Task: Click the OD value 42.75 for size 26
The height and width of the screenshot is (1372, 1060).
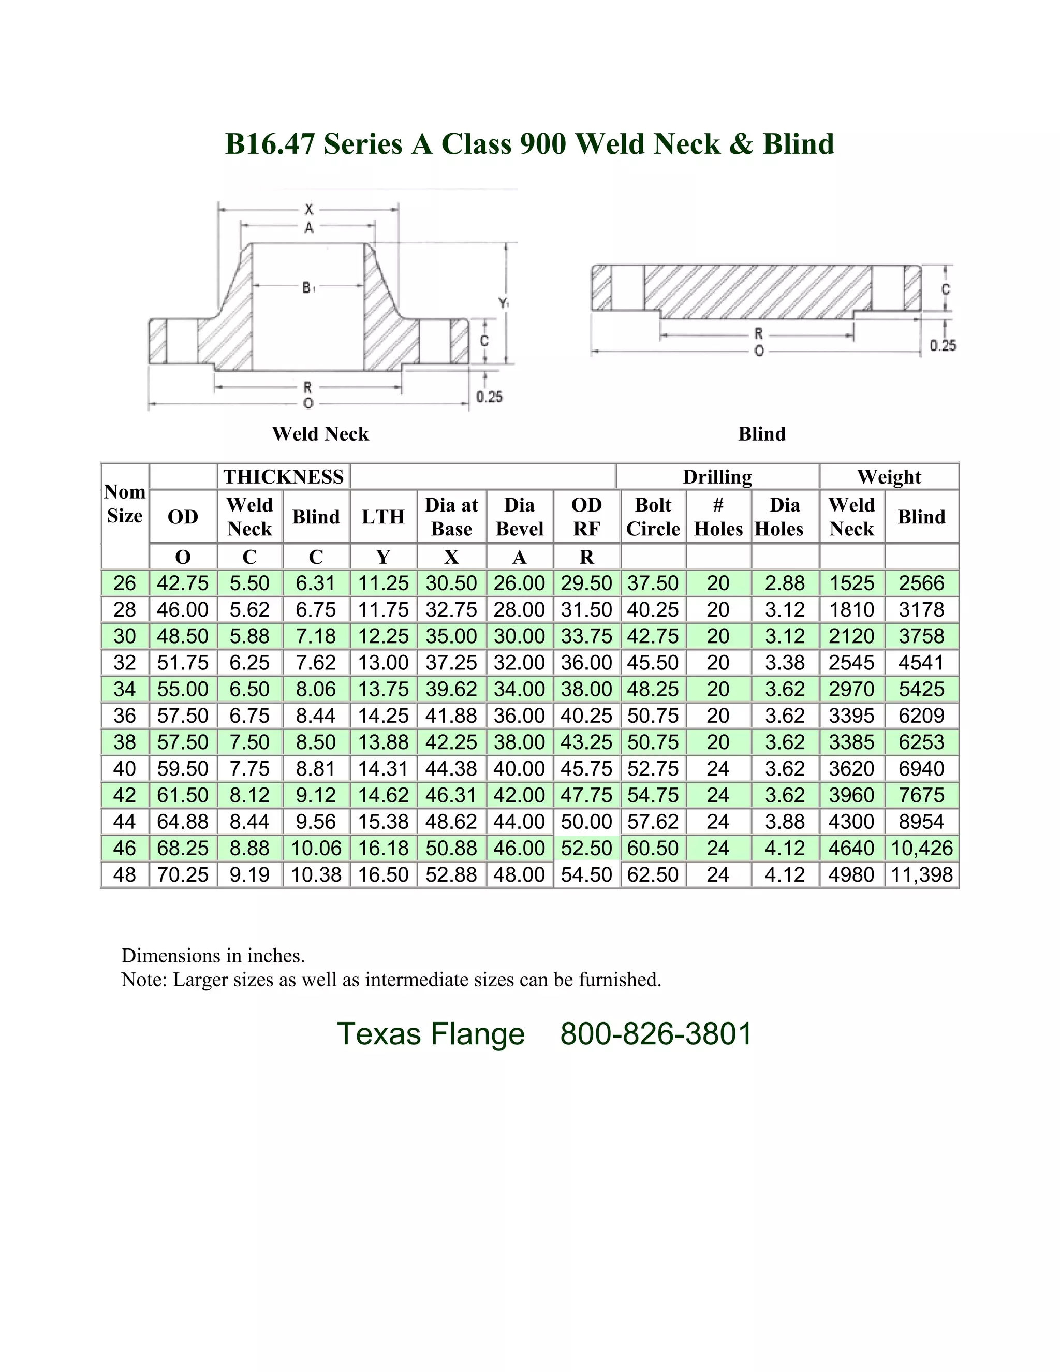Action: point(182,583)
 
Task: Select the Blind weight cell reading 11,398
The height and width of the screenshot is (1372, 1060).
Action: point(921,874)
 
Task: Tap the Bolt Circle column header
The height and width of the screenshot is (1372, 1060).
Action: point(653,516)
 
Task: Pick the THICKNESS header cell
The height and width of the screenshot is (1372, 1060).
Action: point(283,477)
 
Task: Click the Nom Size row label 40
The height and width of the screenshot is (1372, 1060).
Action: point(124,768)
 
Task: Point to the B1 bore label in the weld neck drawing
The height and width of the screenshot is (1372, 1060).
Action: point(308,288)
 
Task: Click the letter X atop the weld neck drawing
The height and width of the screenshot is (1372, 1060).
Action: point(308,209)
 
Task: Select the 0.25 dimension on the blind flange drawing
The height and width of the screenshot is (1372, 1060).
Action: point(943,345)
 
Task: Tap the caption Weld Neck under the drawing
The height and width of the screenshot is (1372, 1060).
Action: point(320,434)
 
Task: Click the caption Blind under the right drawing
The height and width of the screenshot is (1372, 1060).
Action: point(762,434)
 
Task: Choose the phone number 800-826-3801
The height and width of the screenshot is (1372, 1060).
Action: point(656,1034)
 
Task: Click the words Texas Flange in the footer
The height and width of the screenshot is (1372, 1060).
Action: point(431,1034)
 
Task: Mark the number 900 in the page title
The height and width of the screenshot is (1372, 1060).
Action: point(543,144)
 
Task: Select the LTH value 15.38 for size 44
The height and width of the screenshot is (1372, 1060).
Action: point(383,822)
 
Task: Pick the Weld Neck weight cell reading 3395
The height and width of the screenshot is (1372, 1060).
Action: point(851,716)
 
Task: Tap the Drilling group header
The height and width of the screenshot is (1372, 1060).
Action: point(717,477)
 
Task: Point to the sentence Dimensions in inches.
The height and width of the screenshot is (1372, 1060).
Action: point(213,956)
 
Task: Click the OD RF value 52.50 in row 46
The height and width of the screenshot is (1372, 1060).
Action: point(586,848)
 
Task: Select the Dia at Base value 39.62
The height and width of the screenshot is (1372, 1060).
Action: point(451,689)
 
